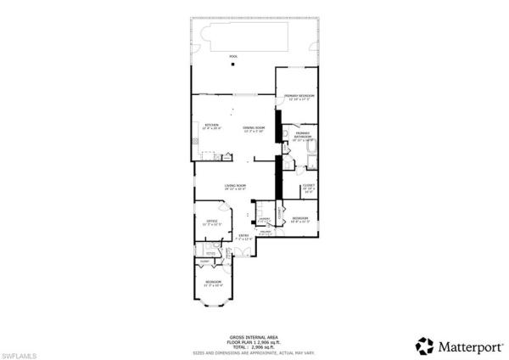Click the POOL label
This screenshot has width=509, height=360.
click(232, 57)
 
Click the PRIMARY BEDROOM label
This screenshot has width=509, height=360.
click(299, 97)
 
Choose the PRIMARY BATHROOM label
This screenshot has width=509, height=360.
click(303, 136)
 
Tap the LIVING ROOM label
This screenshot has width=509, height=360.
click(235, 186)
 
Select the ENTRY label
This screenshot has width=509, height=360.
click(243, 237)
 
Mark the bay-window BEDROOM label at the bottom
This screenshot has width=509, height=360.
click(213, 283)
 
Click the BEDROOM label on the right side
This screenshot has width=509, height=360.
click(300, 220)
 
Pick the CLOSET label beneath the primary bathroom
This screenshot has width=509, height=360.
click(309, 188)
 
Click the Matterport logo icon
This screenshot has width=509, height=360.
click(424, 346)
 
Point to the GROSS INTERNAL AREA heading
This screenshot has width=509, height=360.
click(254, 336)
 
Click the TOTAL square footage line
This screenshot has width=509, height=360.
click(254, 346)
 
